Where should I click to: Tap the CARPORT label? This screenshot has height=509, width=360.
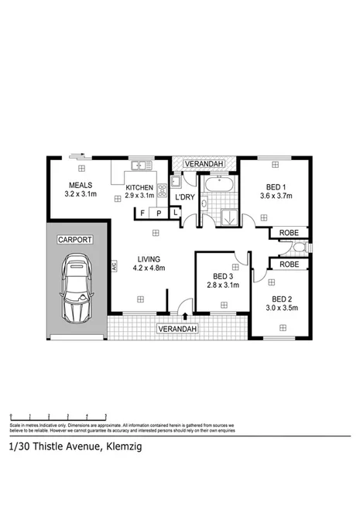[x=75, y=240]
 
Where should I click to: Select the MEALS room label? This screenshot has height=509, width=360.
[x=81, y=185]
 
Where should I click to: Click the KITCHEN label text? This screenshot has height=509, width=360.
[x=140, y=188]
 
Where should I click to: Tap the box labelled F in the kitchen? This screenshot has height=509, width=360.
[x=142, y=213]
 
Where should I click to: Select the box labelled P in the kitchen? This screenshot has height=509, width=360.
[x=159, y=213]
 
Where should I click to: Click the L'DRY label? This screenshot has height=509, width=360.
[x=184, y=197]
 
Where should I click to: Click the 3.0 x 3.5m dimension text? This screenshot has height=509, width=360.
[x=283, y=307]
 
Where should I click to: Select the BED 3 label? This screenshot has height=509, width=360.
[x=222, y=276]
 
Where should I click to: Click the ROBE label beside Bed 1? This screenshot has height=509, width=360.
[x=289, y=231]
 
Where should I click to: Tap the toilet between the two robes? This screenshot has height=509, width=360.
[x=300, y=248]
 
